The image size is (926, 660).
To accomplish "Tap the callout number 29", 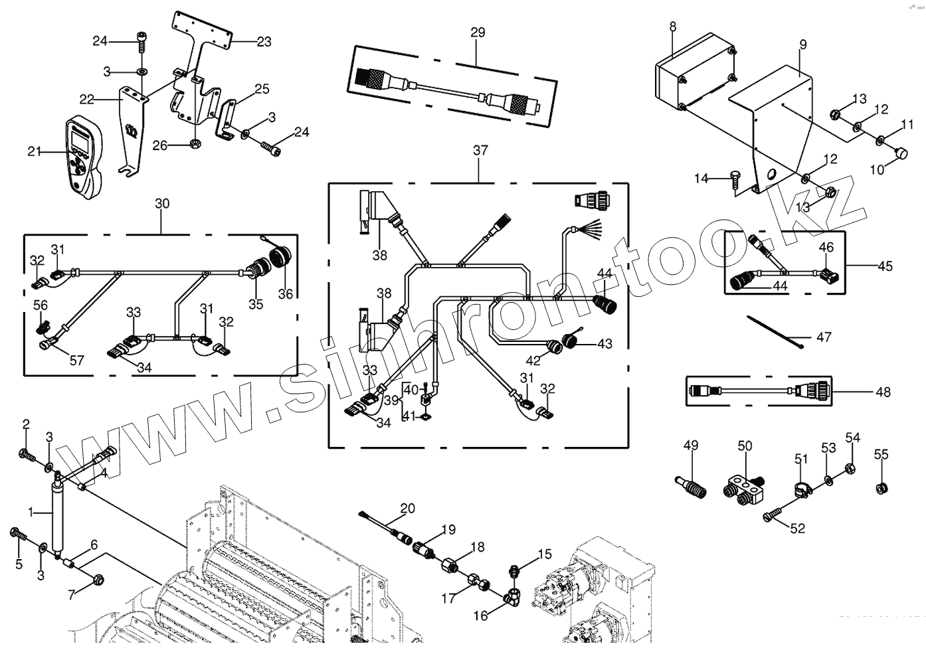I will [x=477, y=33].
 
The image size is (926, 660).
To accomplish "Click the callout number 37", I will [x=480, y=151].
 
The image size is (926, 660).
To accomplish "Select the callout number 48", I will [x=883, y=392].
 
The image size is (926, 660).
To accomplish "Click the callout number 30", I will [x=162, y=204].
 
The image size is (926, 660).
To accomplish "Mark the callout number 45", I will [x=885, y=266].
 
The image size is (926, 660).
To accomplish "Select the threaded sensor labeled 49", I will [x=692, y=483].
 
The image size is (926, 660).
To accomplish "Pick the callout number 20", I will [x=407, y=509].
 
